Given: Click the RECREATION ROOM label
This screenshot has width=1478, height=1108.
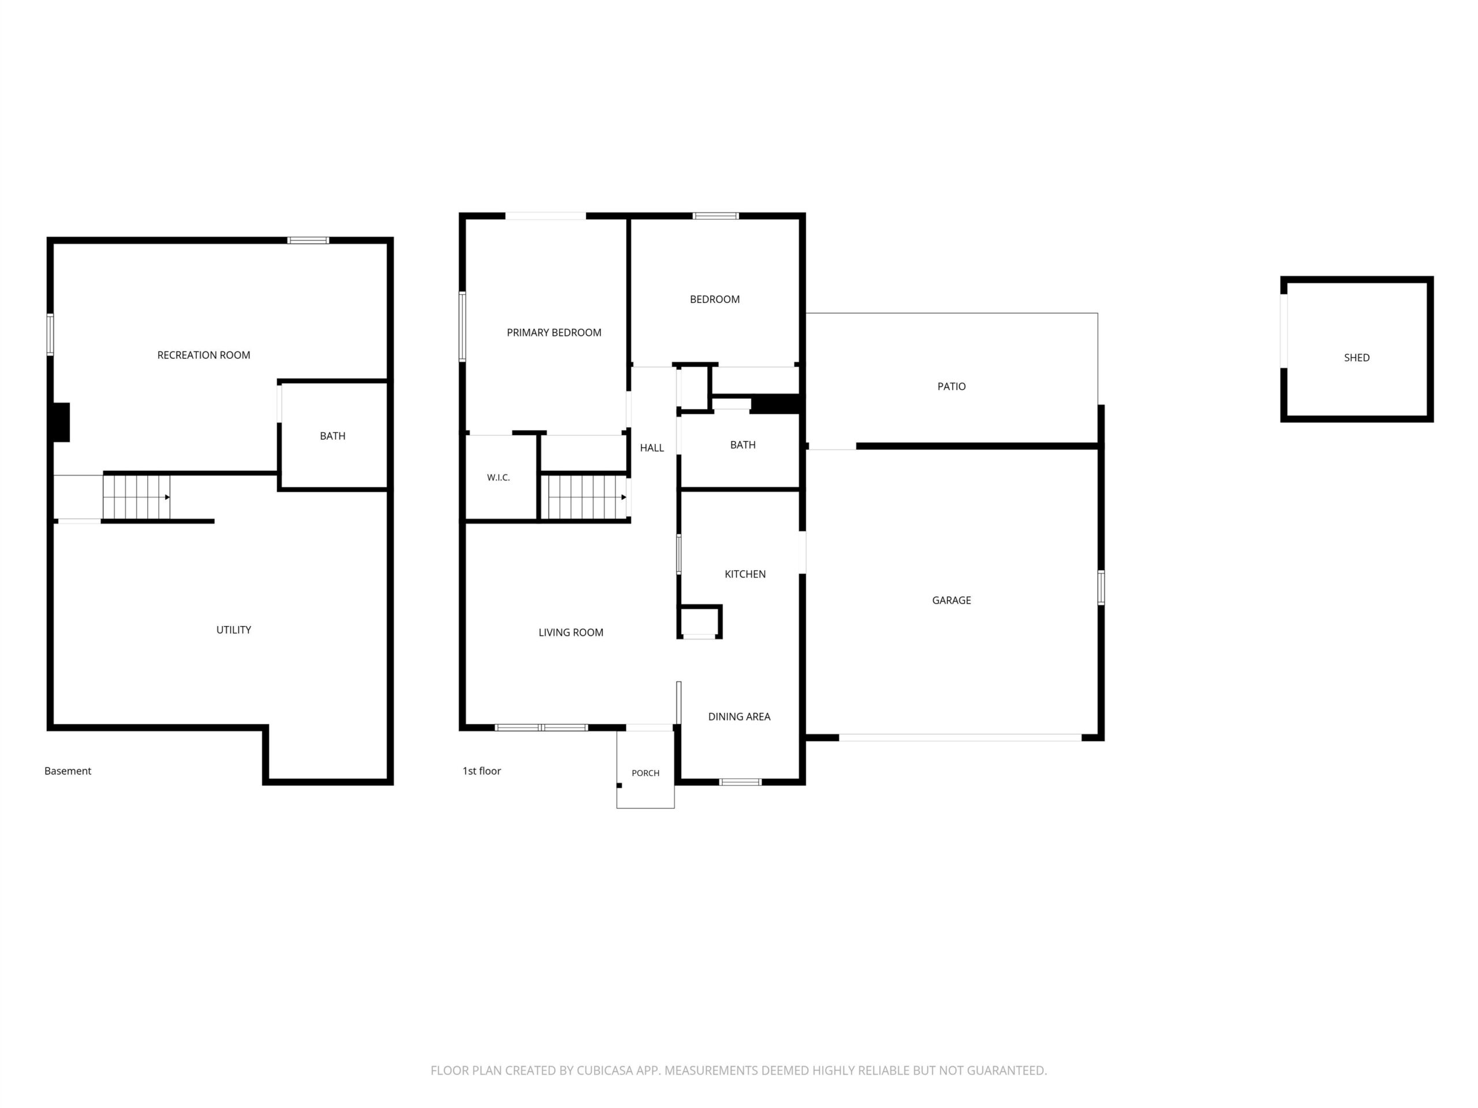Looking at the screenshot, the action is (204, 355).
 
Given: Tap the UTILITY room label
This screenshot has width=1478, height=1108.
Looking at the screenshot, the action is (234, 630).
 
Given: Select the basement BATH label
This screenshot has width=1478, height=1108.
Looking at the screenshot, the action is (333, 436).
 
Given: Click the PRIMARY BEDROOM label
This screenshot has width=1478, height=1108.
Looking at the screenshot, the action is (554, 332).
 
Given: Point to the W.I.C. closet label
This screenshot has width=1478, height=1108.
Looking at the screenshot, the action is (498, 477).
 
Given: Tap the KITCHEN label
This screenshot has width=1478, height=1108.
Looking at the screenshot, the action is (745, 574).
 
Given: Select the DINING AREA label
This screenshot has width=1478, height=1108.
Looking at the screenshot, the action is (739, 717).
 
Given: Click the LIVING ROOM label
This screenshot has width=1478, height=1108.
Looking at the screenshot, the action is (570, 632).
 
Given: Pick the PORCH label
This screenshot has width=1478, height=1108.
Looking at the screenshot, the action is (645, 773).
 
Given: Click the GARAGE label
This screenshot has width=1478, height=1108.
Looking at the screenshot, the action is (951, 600).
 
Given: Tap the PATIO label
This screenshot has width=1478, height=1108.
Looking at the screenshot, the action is (951, 387).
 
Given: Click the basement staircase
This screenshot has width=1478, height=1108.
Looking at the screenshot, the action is (136, 497).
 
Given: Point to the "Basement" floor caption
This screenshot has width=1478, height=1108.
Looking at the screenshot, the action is (68, 771).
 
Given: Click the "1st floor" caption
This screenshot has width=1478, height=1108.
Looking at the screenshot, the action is (482, 771).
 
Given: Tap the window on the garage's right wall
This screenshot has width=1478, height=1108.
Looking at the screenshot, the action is (1101, 587).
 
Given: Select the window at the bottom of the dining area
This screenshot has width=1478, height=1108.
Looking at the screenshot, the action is (740, 782).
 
